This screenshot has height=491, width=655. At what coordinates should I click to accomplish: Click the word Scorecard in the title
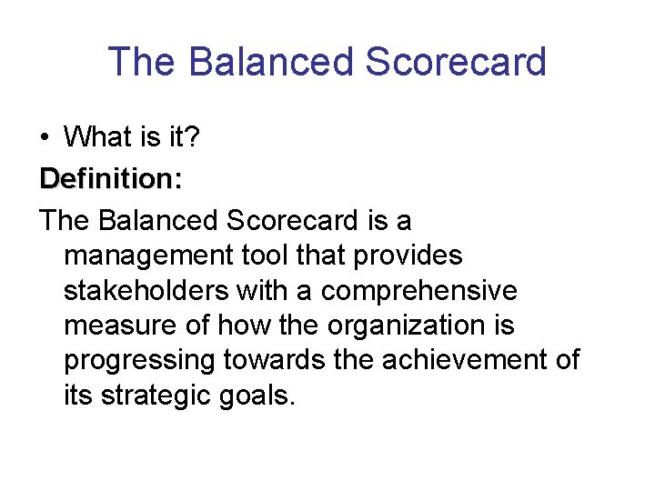(x=456, y=62)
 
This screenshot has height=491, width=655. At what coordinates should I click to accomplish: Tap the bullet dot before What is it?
(x=45, y=138)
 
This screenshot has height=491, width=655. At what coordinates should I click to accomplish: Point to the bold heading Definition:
(x=111, y=178)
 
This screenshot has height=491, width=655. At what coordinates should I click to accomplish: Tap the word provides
(x=409, y=256)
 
